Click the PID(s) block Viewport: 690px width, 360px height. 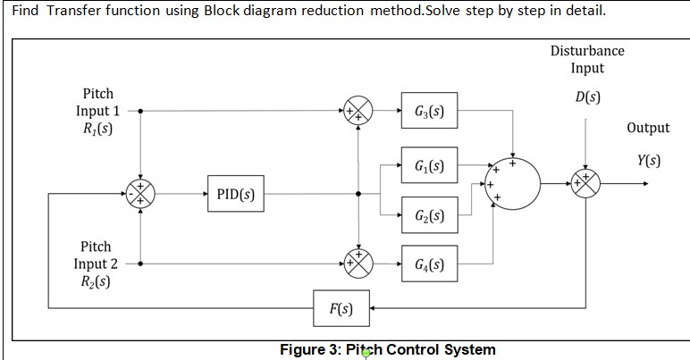(236, 194)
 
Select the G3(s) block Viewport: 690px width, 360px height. (430, 111)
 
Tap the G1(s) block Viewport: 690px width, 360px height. (430, 165)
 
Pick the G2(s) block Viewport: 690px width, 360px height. (430, 215)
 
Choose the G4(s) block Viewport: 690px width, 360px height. (430, 264)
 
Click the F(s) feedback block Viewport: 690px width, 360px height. (341, 308)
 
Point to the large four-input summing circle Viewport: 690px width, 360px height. (513, 184)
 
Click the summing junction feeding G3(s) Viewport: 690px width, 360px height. (358, 111)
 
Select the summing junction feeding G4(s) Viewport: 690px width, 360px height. (358, 264)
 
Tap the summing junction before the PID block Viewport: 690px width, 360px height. (140, 194)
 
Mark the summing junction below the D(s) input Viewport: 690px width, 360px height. (585, 183)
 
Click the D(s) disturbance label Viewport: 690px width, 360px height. (587, 96)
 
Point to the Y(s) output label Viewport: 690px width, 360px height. (649, 161)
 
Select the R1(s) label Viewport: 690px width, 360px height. (97, 129)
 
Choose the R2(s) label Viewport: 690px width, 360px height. (96, 281)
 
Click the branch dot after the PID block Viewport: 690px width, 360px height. (358, 194)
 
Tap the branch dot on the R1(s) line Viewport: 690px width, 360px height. (140, 111)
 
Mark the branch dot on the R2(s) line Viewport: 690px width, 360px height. (140, 264)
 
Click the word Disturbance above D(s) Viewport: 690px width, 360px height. (587, 51)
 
